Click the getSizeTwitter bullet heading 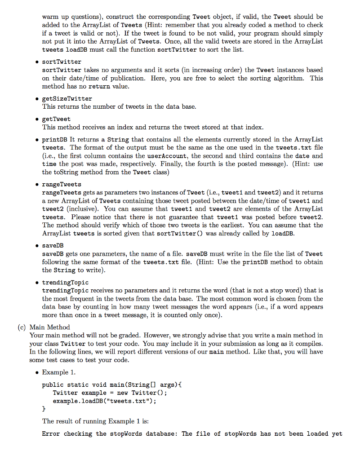[67, 98]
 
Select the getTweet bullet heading [56, 119]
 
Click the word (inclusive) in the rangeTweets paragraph [77, 209]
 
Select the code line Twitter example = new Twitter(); [110, 393]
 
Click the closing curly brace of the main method [44, 409]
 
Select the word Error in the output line [51, 433]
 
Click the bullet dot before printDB [36, 140]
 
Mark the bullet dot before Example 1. [36, 372]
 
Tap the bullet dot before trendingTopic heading [36, 283]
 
